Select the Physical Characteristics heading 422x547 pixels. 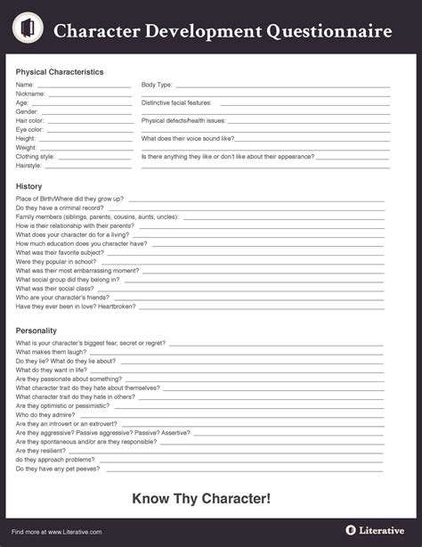tap(60, 71)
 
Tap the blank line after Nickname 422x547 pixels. tap(89, 94)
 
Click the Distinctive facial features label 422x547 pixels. tap(176, 102)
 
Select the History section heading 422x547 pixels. tap(29, 185)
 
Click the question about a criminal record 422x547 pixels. tap(60, 207)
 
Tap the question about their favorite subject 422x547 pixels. tap(60, 252)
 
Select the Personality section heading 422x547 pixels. tap(37, 331)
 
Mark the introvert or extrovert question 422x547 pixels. tap(67, 423)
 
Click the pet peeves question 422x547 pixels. tap(58, 468)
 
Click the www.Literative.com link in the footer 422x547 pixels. tap(76, 532)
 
